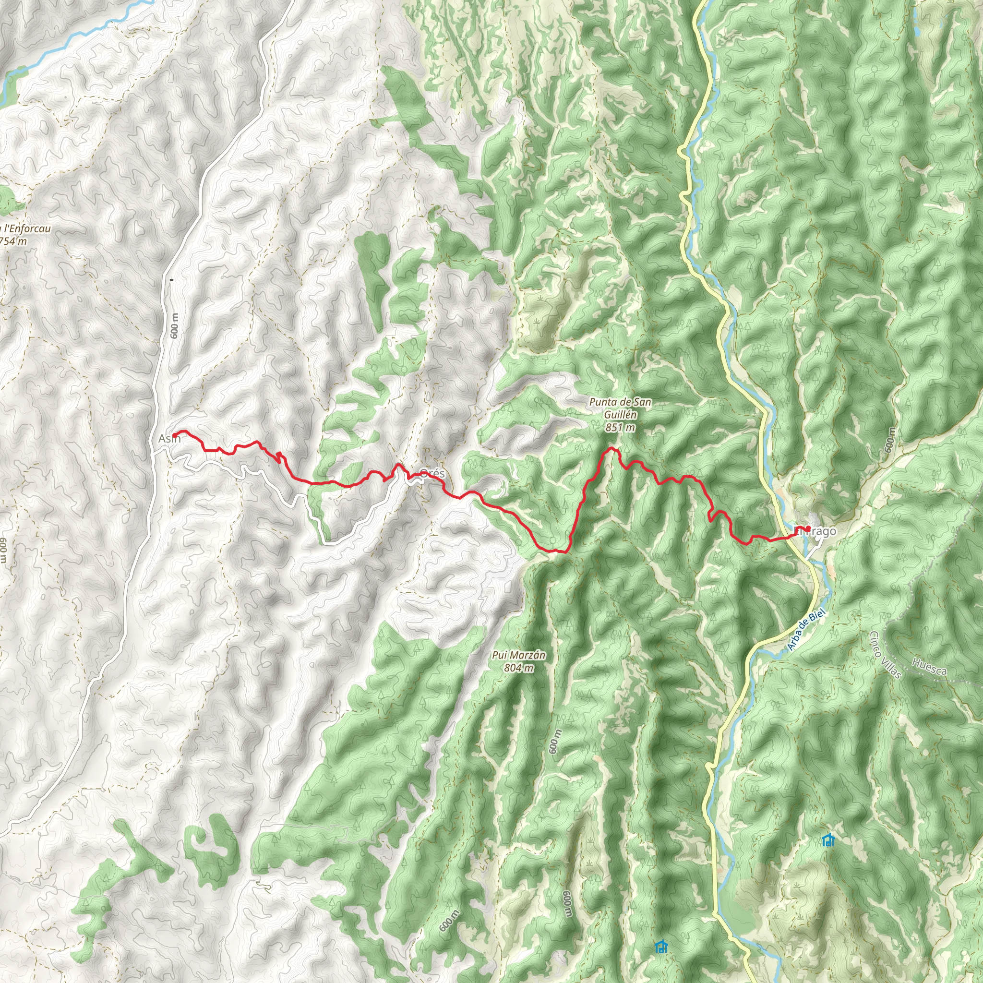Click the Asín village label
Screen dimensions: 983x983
pos(168,439)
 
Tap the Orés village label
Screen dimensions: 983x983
pos(432,473)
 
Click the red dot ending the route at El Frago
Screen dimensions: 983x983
pos(808,528)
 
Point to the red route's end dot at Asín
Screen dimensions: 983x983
pos(175,435)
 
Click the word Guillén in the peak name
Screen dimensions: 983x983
pos(620,415)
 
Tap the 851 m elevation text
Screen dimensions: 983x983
pos(620,428)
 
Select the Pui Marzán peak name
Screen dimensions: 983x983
pos(518,655)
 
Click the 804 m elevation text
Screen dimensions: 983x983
pos(518,668)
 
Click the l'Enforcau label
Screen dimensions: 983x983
pos(26,229)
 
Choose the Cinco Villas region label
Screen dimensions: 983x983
pos(885,655)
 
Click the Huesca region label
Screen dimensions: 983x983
pos(930,667)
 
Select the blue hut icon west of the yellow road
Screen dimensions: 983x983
pos(661,946)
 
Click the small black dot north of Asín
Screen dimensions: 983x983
pos(171,279)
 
